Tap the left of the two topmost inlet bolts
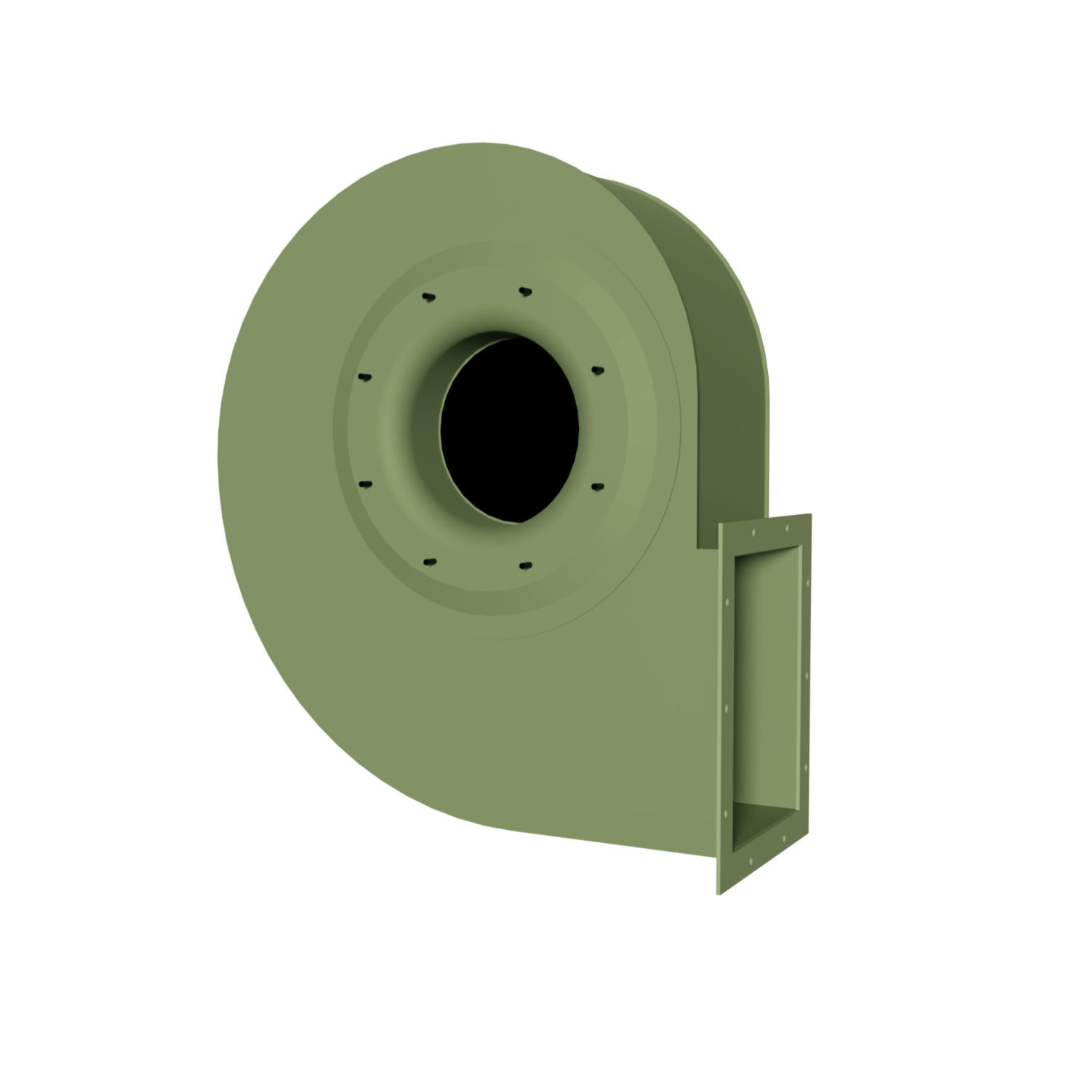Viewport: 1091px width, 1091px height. (x=428, y=297)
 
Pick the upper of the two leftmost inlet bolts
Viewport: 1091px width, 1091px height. (x=364, y=377)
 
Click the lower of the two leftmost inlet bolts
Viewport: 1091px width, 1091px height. (x=365, y=484)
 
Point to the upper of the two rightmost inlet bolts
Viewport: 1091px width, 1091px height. (x=598, y=370)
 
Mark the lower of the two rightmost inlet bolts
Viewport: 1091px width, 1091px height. (x=598, y=485)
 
